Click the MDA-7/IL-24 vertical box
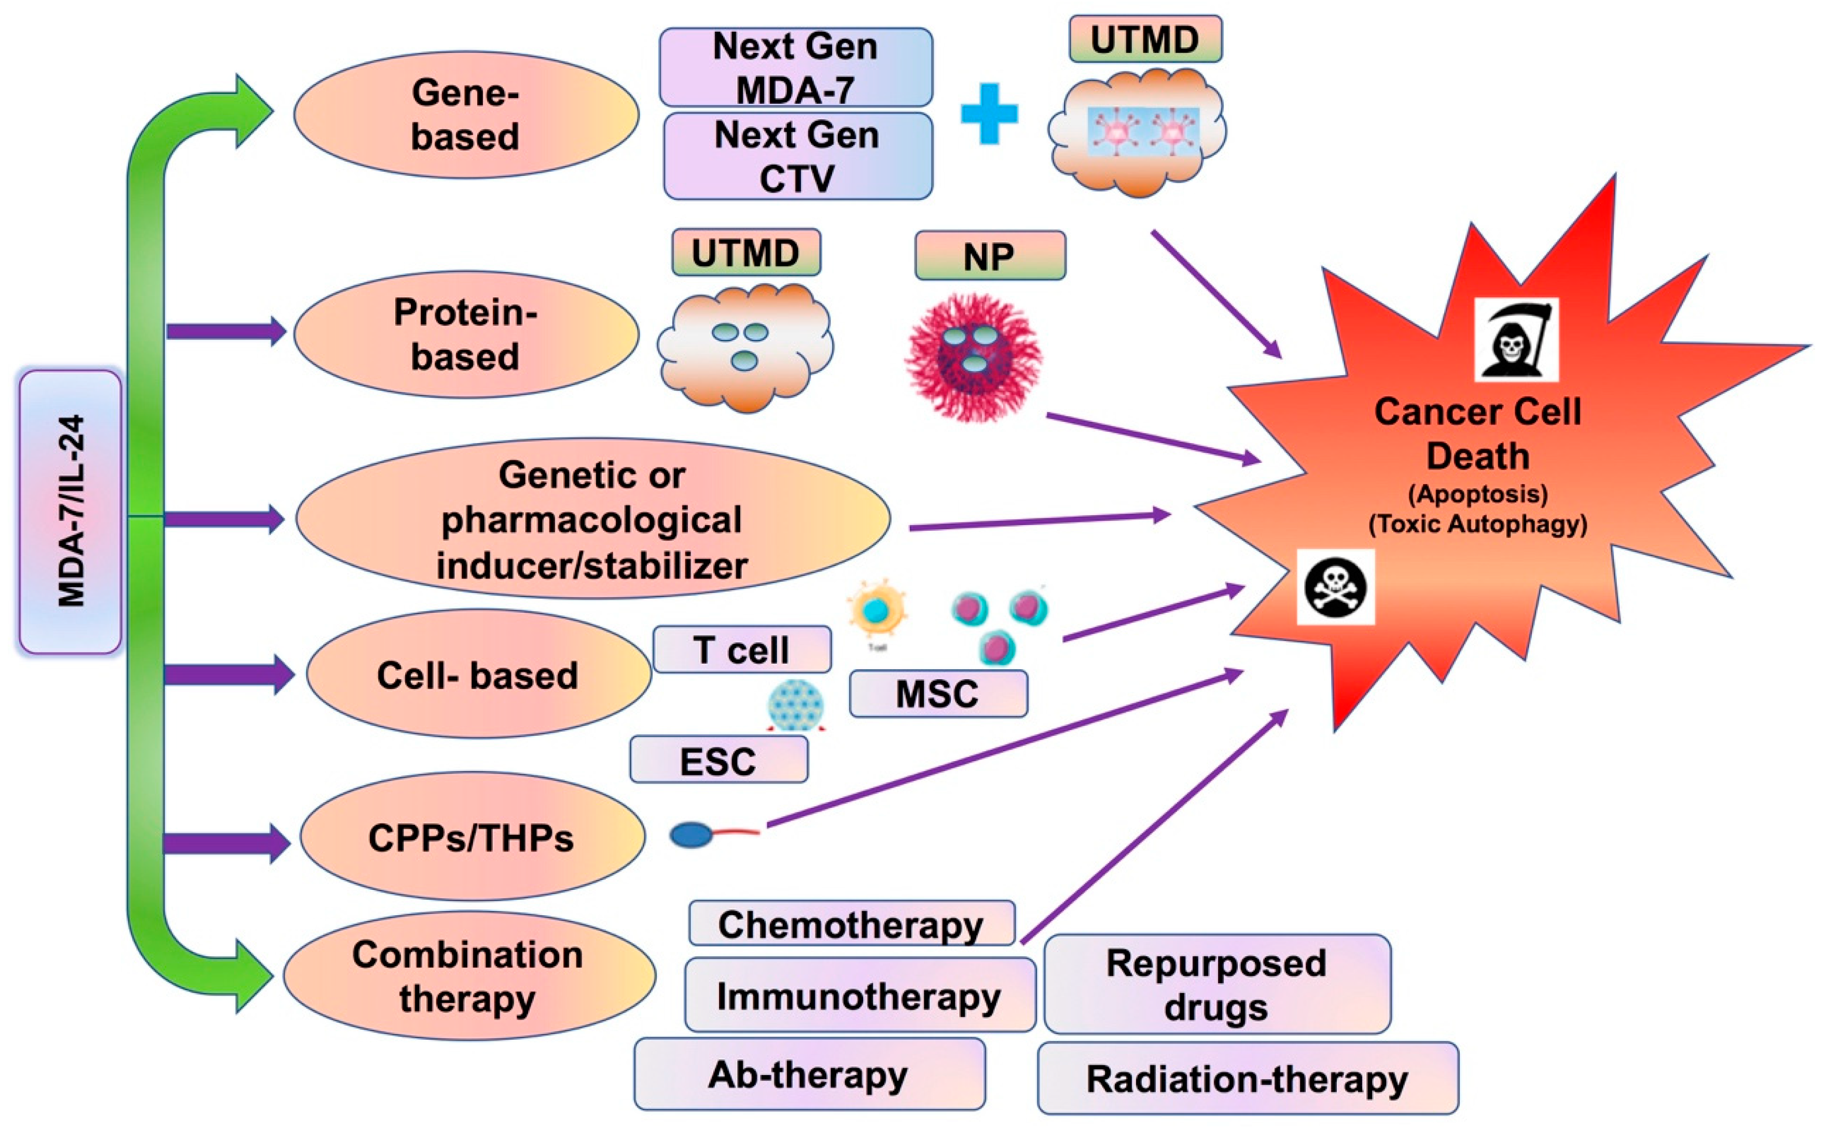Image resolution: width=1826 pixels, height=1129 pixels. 70,512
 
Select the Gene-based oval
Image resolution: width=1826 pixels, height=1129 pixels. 466,114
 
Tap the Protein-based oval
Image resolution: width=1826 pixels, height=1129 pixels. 466,334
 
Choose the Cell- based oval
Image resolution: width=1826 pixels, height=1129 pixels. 478,674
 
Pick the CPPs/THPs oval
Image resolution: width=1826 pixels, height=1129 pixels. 472,836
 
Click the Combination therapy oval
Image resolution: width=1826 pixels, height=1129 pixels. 469,975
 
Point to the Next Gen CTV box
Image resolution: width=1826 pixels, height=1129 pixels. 797,156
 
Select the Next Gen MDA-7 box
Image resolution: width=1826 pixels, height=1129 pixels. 796,67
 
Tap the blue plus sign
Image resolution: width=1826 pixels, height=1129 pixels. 989,114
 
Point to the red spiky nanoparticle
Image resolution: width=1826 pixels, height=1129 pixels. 974,357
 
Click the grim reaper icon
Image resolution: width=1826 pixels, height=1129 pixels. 1516,340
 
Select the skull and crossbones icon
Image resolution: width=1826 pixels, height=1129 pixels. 1336,587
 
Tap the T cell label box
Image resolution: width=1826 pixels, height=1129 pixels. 742,649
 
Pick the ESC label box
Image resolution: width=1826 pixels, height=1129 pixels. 718,760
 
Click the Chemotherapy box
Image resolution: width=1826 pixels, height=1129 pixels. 851,924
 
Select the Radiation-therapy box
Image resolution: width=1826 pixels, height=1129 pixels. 1247,1078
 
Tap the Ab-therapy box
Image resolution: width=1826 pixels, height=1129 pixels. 809,1074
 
